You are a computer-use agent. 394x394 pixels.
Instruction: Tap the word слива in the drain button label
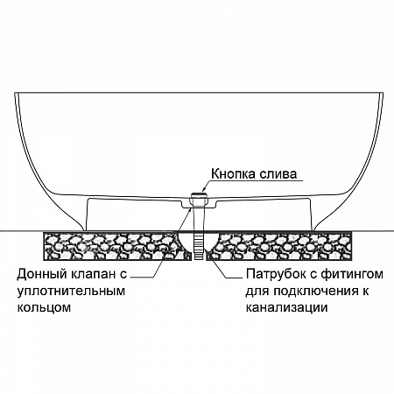click(278, 173)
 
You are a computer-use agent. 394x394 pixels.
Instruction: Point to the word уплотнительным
click(71, 292)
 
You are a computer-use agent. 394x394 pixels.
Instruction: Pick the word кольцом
click(44, 307)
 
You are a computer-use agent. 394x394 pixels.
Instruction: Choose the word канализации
click(286, 307)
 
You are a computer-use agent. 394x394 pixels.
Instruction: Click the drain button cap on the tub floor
click(199, 195)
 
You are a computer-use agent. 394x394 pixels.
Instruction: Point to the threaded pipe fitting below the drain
click(199, 245)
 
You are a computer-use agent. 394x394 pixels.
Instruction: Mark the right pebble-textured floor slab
click(278, 246)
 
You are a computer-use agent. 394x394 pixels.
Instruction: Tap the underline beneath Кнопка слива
click(253, 180)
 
